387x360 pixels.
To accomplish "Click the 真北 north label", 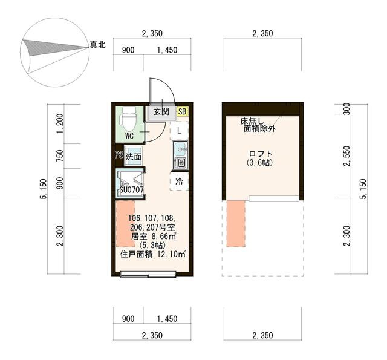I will tap(97, 45).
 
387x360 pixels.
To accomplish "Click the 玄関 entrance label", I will tap(161, 111).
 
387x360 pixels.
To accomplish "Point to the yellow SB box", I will tap(183, 111).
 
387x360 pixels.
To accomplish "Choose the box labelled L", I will tap(180, 130).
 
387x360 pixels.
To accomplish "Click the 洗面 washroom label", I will tap(133, 157).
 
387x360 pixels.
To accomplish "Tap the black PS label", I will tap(119, 155).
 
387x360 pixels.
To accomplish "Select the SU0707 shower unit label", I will tap(131, 190).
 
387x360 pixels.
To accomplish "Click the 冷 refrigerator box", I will tap(180, 181).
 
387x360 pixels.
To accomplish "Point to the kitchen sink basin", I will tap(180, 149).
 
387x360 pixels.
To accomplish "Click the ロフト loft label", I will tap(261, 154).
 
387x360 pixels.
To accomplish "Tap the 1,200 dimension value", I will tap(59, 124).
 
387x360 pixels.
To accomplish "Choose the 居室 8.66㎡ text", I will tap(153, 237).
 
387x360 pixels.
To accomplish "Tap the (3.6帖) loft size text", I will tap(261, 163).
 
